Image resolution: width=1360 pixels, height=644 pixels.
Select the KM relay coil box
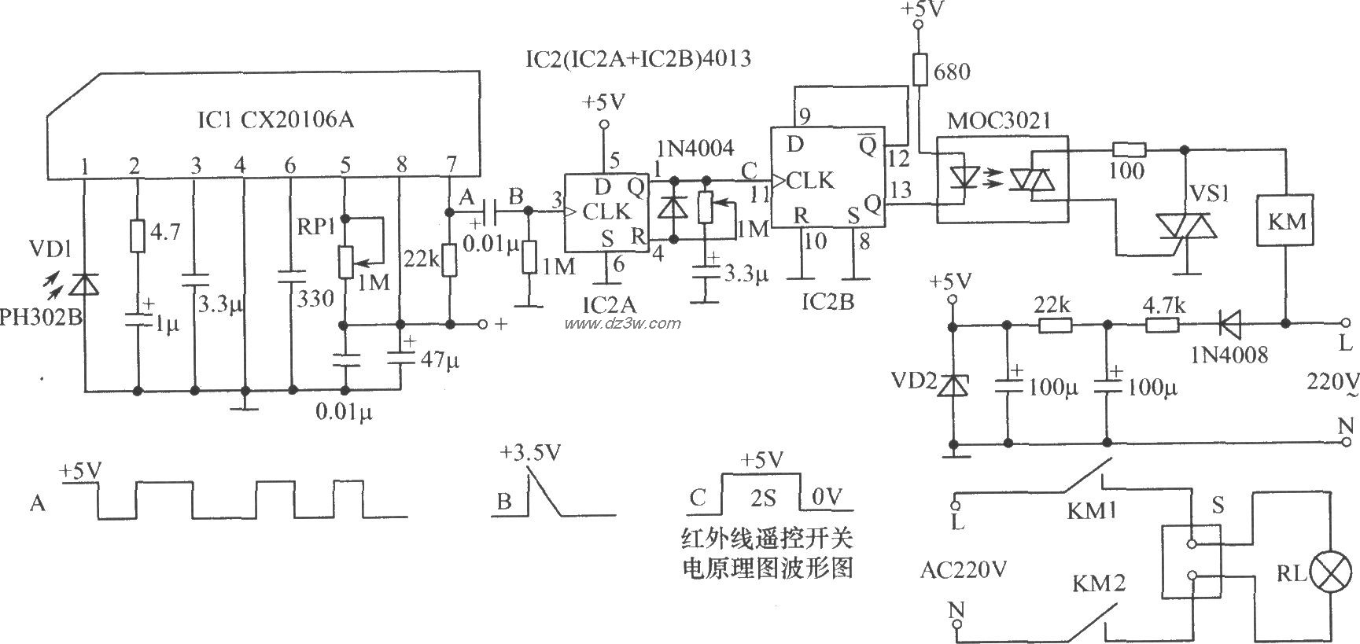coord(1287,221)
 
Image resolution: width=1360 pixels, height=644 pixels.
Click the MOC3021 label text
coord(999,122)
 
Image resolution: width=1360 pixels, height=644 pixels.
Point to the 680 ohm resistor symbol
coord(918,68)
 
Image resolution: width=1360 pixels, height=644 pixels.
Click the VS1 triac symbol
coord(1185,226)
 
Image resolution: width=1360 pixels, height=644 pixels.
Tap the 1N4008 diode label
coord(1228,355)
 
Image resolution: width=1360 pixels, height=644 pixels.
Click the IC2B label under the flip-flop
coord(825,301)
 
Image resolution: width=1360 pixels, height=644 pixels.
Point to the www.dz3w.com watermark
coord(621,323)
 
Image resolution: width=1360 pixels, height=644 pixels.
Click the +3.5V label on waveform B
coord(530,453)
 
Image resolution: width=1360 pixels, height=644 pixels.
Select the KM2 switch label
coord(1098,583)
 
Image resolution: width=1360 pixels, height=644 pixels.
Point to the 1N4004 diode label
coord(695,148)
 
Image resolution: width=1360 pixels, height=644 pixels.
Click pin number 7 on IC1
coord(450,165)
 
